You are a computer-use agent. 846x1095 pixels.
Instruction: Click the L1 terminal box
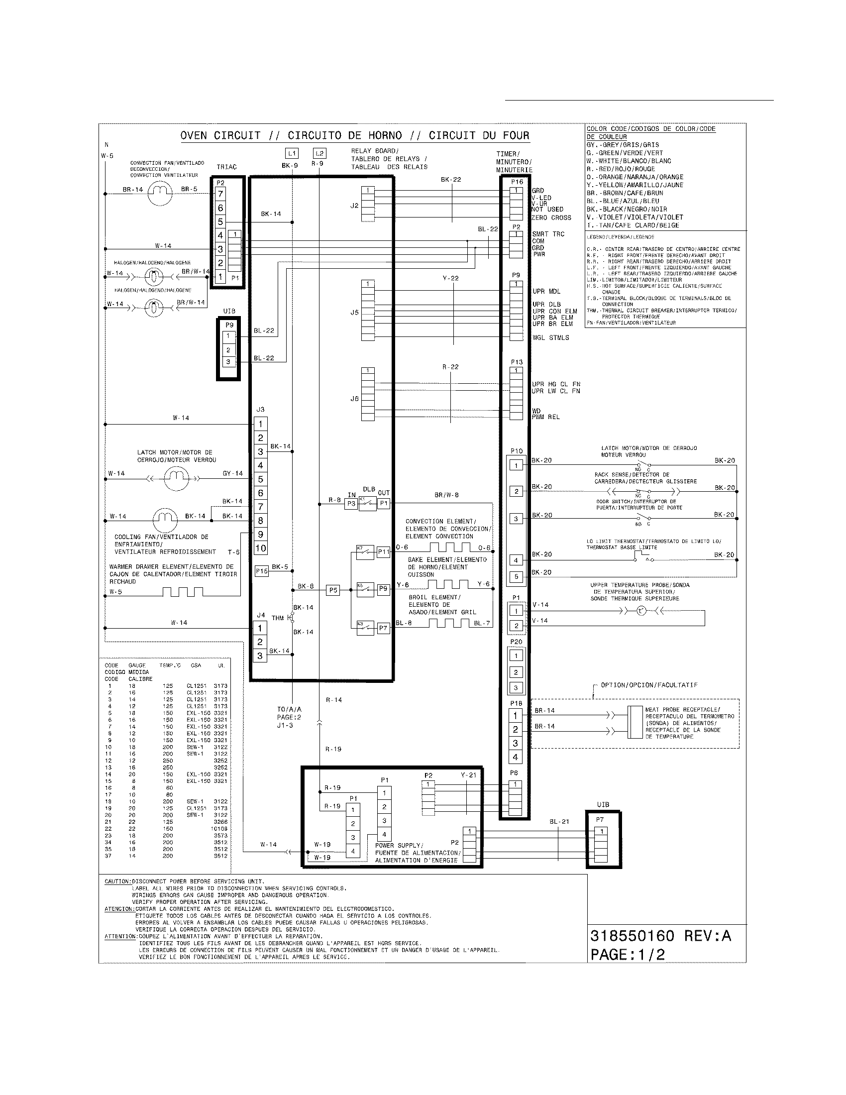[x=292, y=153]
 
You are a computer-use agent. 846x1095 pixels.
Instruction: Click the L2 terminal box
[x=319, y=153]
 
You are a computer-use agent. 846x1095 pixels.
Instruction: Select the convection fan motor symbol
[x=160, y=194]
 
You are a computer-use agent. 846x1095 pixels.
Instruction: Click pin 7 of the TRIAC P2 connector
[x=220, y=194]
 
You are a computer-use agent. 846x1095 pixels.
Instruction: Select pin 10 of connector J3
[x=261, y=548]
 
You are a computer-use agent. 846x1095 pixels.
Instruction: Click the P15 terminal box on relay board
[x=262, y=570]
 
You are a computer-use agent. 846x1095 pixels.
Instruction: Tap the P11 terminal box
[x=383, y=551]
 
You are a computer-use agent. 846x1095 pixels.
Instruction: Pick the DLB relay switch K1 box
[x=367, y=503]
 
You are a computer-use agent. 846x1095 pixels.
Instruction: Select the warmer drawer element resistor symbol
[x=183, y=592]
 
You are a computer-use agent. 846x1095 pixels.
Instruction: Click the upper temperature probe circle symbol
[x=641, y=611]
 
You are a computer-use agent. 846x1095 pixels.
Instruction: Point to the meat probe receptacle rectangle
[x=635, y=723]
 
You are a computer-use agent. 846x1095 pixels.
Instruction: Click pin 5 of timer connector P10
[x=516, y=576]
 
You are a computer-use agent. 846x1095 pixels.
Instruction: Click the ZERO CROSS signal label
[x=551, y=218]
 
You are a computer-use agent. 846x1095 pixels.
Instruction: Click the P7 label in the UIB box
[x=600, y=820]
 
